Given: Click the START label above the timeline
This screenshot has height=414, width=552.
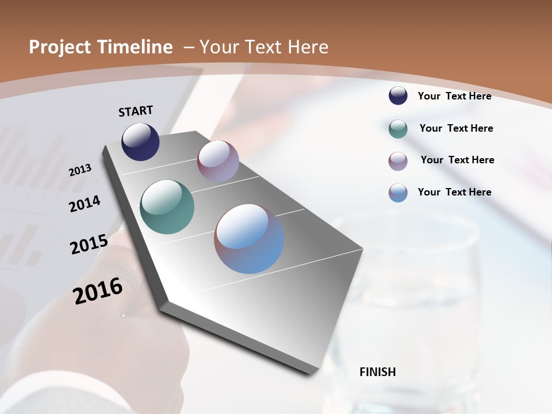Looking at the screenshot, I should [x=136, y=111].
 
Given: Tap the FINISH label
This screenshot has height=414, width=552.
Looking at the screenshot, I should [x=377, y=372].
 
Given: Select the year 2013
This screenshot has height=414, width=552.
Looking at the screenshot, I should [x=80, y=170].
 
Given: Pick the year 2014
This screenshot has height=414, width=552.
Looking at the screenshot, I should [x=85, y=204].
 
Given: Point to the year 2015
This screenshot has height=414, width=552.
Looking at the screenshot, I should [x=89, y=244].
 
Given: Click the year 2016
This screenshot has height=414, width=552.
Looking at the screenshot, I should [x=98, y=291].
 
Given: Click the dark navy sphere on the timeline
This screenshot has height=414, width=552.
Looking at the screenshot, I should [x=140, y=141].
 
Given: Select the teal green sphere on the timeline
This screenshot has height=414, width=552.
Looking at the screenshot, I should [x=167, y=207].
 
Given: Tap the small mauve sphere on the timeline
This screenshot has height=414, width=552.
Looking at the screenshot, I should [x=218, y=161].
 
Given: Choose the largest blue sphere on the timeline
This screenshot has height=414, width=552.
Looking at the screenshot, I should [x=249, y=239].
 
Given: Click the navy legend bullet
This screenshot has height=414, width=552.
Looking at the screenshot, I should [x=398, y=95].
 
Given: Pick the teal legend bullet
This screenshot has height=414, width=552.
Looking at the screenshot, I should [x=398, y=129].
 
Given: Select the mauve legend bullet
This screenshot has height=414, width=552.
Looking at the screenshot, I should [x=398, y=161].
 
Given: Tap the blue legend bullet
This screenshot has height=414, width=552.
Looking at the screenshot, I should [x=398, y=193].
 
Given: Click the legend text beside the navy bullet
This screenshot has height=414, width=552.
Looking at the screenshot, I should [x=454, y=96].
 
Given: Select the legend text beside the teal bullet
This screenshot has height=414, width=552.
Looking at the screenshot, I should [x=456, y=128].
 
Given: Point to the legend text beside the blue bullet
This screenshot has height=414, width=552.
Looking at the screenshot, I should [x=454, y=192].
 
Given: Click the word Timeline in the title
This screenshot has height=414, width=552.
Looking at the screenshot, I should [x=136, y=47].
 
